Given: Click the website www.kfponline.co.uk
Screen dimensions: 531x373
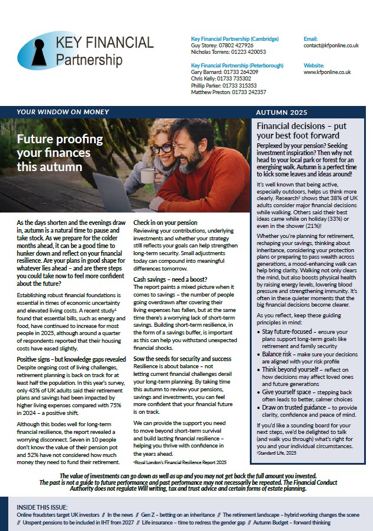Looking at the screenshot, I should (327, 72).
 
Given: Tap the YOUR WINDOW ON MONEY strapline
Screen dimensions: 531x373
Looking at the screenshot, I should (63, 112).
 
